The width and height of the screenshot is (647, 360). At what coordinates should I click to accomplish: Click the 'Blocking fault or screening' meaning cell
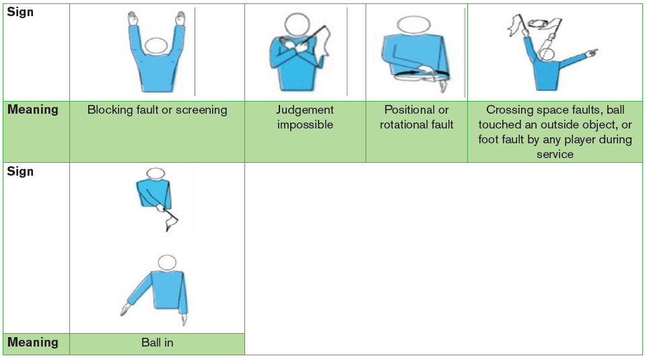158,131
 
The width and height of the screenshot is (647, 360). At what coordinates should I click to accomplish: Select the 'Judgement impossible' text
305,116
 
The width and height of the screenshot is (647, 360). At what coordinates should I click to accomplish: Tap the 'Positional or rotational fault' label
416,116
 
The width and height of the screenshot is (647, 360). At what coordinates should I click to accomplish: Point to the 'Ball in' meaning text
158,343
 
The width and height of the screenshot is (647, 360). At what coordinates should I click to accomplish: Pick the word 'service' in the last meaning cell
555,154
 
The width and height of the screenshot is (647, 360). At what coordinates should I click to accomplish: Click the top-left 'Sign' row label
20,12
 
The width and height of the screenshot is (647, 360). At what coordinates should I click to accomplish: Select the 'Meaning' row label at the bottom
32,343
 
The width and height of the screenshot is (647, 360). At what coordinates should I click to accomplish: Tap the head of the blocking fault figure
157,46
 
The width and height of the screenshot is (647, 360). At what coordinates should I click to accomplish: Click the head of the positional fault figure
413,25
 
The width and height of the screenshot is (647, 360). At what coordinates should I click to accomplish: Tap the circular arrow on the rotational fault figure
421,75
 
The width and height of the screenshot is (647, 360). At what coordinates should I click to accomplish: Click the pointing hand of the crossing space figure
591,52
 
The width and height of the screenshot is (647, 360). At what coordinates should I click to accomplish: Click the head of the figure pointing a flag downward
156,173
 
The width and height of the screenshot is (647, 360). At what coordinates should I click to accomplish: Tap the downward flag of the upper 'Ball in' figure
172,222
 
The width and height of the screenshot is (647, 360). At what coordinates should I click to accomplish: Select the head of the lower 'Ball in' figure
167,262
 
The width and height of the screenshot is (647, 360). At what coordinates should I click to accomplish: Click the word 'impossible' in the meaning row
305,124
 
